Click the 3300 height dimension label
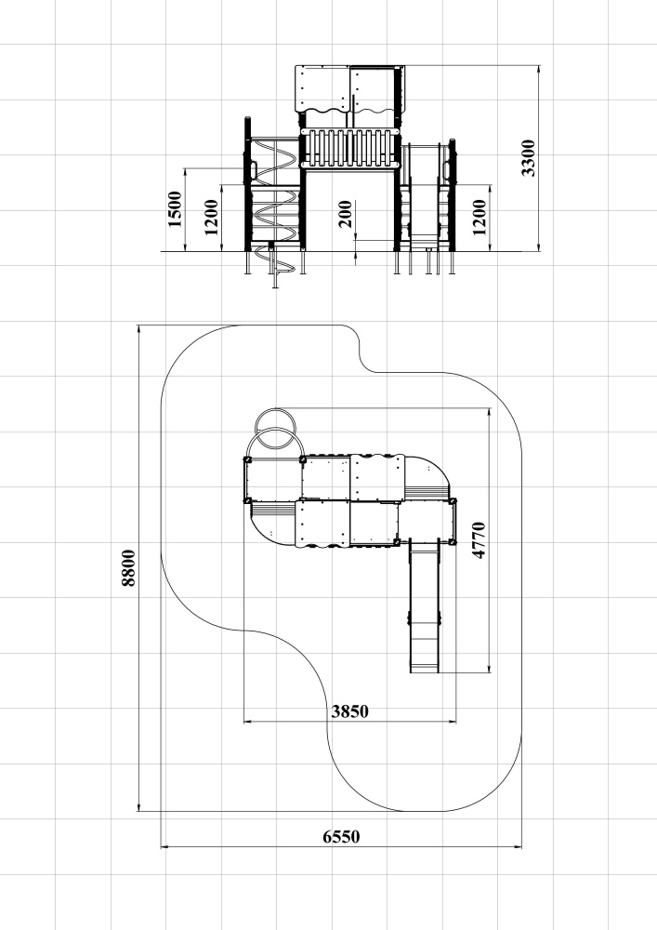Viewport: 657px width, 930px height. [528, 158]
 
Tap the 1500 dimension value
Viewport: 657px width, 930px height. [175, 208]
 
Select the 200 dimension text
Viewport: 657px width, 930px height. [345, 214]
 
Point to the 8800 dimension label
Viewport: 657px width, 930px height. [128, 567]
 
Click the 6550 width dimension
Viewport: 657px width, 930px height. [341, 837]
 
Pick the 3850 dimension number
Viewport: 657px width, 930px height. [350, 711]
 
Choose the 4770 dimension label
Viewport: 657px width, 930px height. [479, 540]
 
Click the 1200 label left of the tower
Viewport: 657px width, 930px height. [212, 217]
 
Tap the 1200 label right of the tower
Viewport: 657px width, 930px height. [480, 217]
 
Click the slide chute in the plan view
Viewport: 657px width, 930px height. [425, 606]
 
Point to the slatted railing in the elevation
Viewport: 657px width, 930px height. [348, 148]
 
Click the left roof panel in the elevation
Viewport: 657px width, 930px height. [322, 89]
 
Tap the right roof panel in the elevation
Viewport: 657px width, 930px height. [374, 89]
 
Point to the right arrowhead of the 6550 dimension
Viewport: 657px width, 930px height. [519, 847]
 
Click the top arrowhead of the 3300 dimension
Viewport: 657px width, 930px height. [538, 70]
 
